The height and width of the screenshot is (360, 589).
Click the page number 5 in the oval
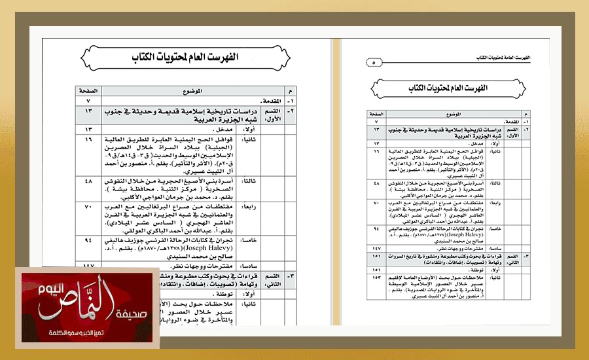[373, 63]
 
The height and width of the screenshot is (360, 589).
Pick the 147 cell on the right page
[376, 249]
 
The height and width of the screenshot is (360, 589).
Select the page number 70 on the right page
[376, 204]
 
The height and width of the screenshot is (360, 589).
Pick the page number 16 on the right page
[376, 152]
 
